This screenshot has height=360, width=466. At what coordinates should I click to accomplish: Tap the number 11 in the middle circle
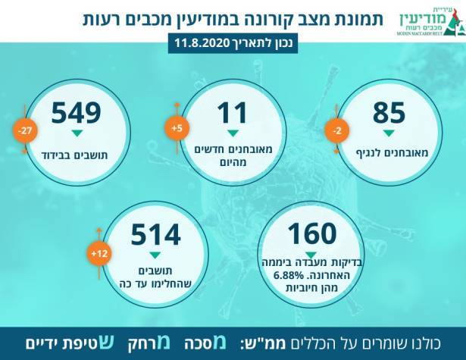pyautogui.click(x=232, y=113)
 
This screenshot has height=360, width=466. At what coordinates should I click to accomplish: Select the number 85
pyautogui.click(x=389, y=113)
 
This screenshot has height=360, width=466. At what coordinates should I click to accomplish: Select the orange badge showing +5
pyautogui.click(x=177, y=129)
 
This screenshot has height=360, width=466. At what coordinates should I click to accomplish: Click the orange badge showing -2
pyautogui.click(x=336, y=131)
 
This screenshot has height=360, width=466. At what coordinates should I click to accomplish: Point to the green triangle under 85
pyautogui.click(x=389, y=135)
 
